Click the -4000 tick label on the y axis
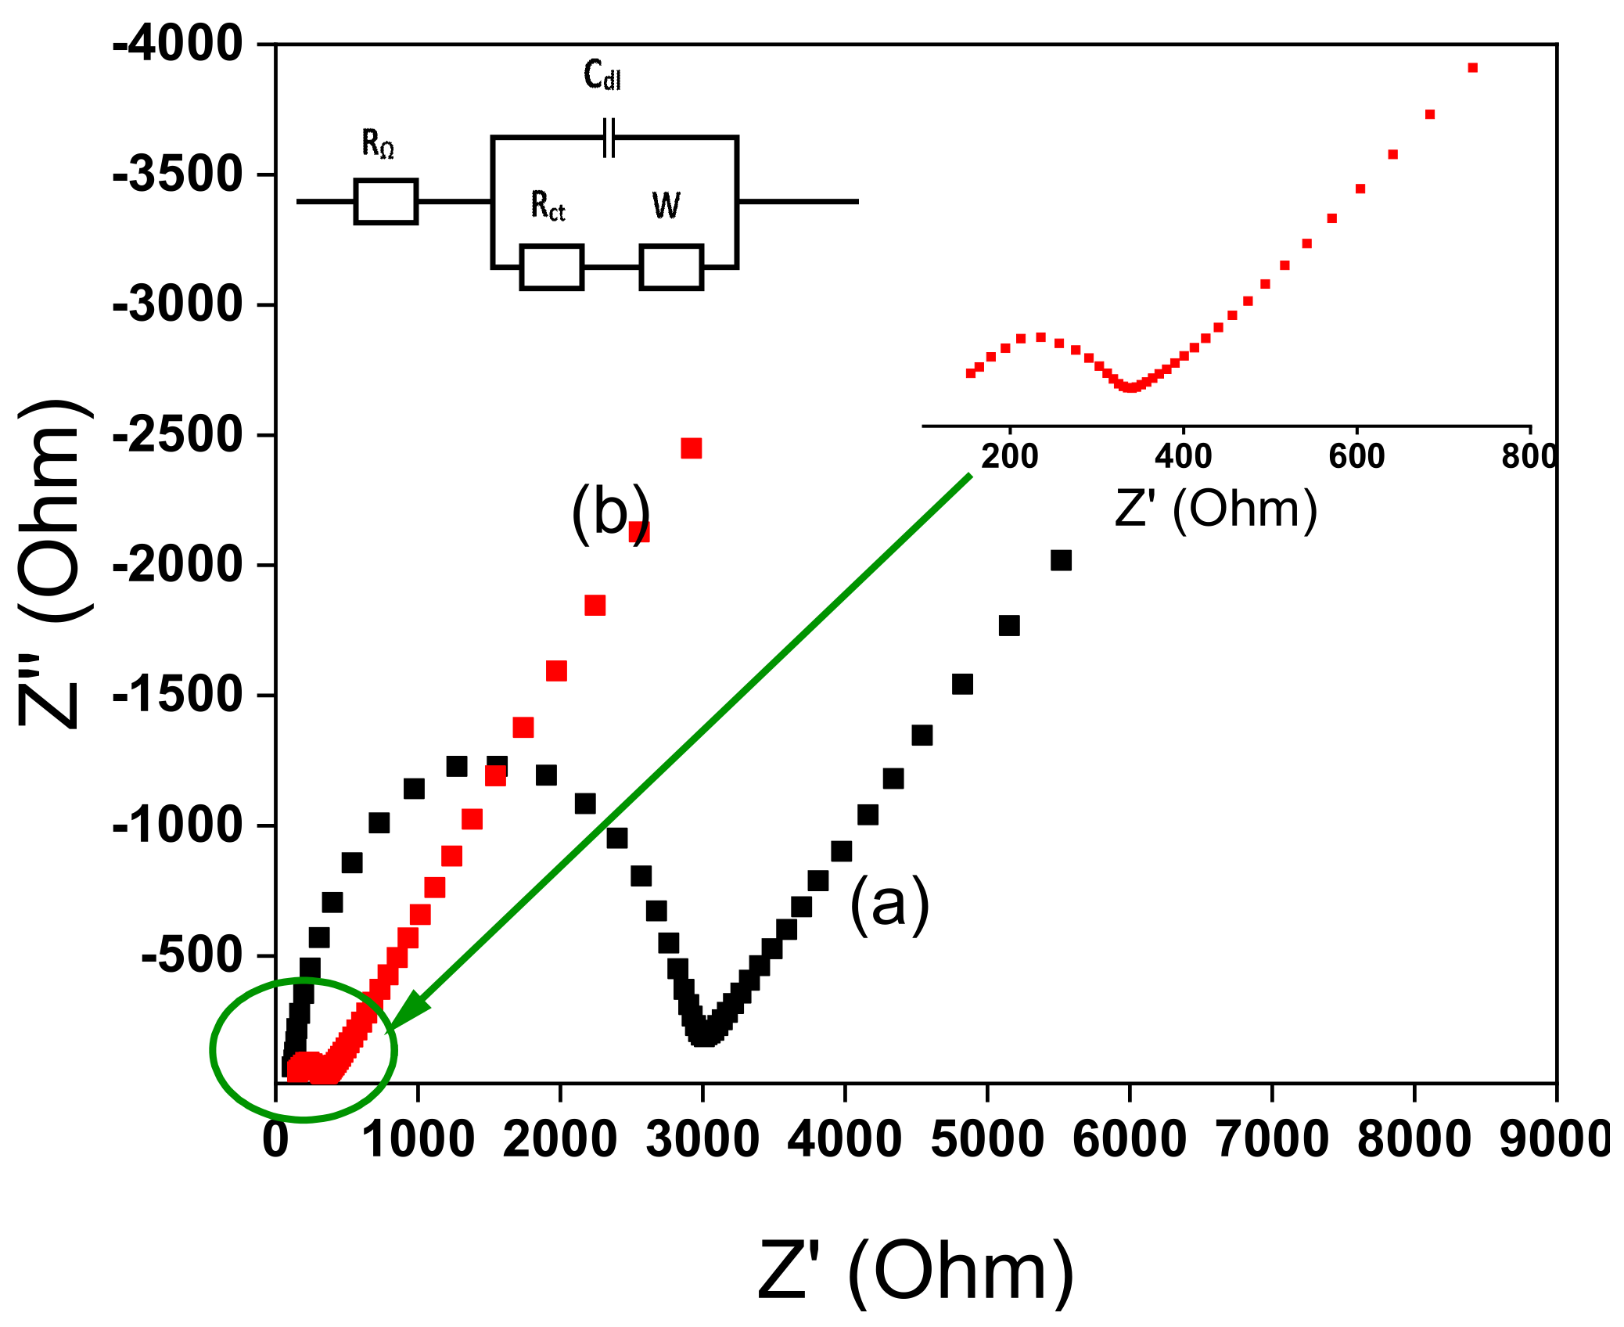(x=178, y=45)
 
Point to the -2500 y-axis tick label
(x=178, y=435)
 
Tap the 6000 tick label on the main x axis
(x=1129, y=1139)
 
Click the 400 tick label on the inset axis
(x=1183, y=456)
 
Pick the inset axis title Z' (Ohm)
(x=1216, y=509)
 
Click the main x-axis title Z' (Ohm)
(x=916, y=1271)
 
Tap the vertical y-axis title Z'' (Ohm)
(x=51, y=563)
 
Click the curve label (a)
(x=889, y=904)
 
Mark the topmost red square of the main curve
(x=692, y=448)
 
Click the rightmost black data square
(x=1061, y=560)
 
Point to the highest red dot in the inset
(x=1472, y=68)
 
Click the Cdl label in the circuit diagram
(x=602, y=76)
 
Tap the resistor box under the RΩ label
(x=386, y=202)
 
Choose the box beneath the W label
(x=671, y=268)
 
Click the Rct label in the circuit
(x=548, y=207)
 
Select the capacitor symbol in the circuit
(x=609, y=138)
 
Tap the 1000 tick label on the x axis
(x=419, y=1139)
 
